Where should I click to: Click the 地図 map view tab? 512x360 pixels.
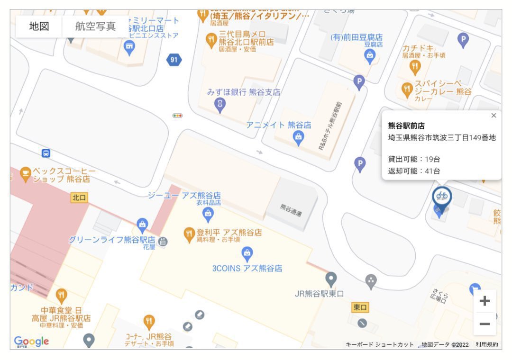pos(39,27)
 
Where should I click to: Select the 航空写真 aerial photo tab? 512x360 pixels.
pos(95,27)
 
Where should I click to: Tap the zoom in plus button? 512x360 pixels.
pos(485,301)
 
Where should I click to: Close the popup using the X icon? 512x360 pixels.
pos(494,116)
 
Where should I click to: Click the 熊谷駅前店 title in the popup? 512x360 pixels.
pos(406,126)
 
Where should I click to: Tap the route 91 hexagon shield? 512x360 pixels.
pos(174,59)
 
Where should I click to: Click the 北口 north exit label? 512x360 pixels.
pos(80,198)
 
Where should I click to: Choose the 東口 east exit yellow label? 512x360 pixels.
pos(360,307)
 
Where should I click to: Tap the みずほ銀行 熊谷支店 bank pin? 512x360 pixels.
pos(220,103)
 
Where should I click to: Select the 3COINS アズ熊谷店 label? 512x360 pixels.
pos(247,269)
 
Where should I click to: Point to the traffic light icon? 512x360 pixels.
pos(178,115)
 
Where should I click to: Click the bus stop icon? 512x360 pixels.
pos(46,153)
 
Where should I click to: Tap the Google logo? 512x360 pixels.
pos(31,341)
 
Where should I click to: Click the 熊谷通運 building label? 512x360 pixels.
pos(291,210)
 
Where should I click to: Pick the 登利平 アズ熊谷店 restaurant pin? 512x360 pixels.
pos(189,233)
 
